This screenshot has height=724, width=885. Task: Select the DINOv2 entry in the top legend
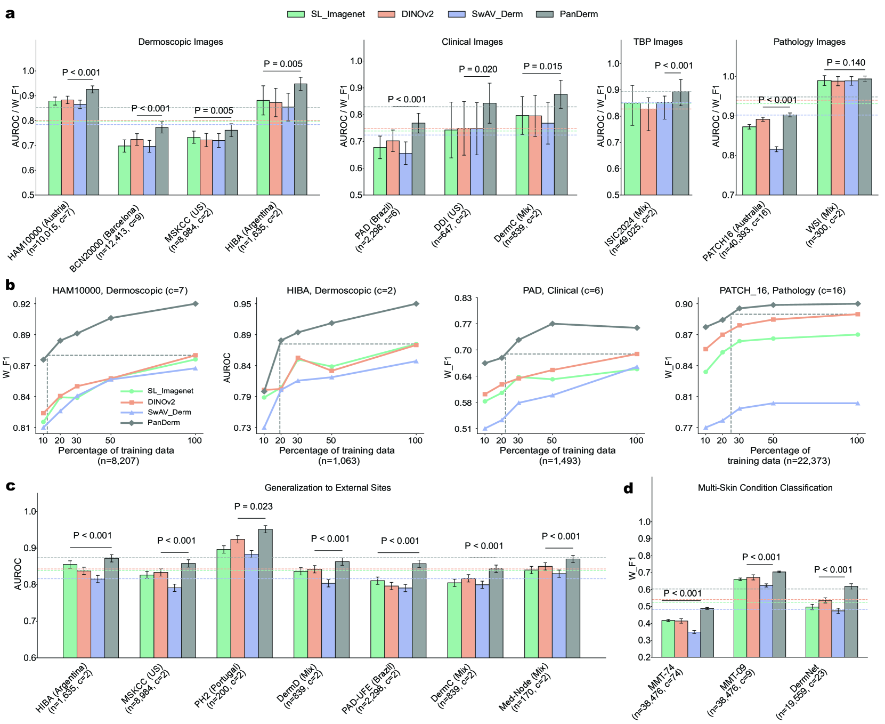tap(386, 14)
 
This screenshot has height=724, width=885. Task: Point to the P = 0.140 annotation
tap(846, 63)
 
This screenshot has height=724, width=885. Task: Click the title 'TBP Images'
tap(657, 42)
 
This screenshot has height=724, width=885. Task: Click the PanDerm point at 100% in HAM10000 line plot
tap(195, 304)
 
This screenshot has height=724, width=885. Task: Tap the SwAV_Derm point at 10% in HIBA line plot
tap(264, 428)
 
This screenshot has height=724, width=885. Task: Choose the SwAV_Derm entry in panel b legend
tap(169, 412)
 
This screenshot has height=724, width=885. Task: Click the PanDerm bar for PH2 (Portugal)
tap(265, 593)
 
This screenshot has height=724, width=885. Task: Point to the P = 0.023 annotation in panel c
tap(253, 506)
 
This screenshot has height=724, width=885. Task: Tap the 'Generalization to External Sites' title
tap(328, 488)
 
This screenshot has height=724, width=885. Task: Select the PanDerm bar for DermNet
tap(851, 622)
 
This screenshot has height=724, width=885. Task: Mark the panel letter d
tap(629, 488)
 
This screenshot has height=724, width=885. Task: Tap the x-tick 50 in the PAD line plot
tap(552, 440)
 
